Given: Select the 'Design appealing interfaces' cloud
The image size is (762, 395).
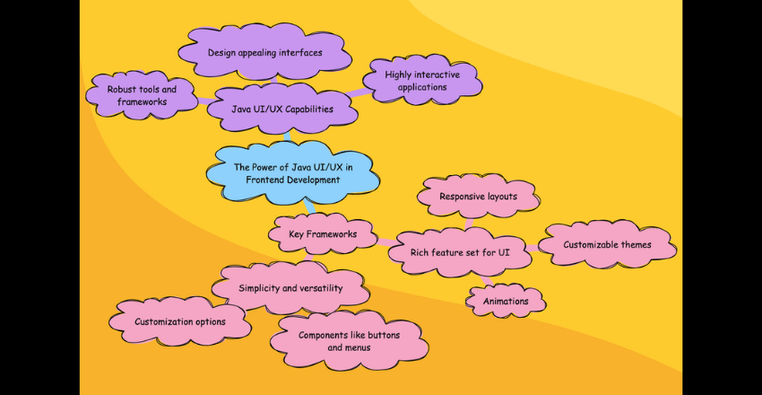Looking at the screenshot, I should point(264,52).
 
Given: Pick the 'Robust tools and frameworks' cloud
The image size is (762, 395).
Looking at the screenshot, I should point(142,95).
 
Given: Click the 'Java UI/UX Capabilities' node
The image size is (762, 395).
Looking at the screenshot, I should point(281,110).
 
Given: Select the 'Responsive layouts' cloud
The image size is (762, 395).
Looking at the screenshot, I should point(478,196).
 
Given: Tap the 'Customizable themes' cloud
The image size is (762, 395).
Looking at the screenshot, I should point(606,244).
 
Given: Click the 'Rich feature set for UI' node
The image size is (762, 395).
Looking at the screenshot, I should point(460,253).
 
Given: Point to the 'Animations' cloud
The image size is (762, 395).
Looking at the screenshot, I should point(506,302).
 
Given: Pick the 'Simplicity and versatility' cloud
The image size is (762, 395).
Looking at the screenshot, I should point(290,287).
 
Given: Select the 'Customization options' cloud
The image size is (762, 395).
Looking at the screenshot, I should point(179,320).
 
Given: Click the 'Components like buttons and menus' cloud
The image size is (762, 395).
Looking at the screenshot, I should point(349,340).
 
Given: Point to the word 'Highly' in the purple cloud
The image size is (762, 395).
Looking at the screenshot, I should point(402,75).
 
